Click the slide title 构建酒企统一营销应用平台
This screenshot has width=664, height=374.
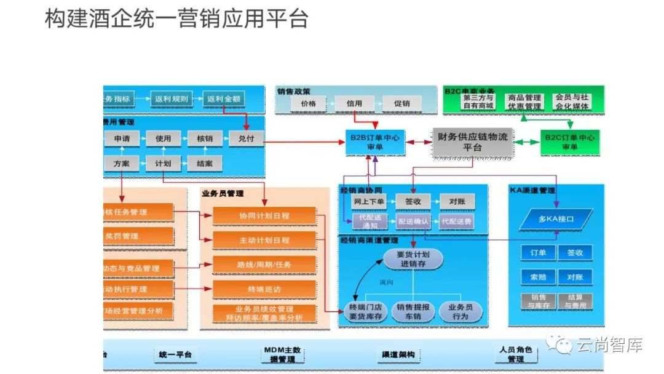[x=176, y=19]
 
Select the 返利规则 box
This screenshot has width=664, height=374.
[x=172, y=98]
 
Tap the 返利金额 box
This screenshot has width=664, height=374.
[x=224, y=98]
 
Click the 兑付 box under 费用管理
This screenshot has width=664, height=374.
[x=246, y=139]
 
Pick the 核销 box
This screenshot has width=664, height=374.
[x=205, y=139]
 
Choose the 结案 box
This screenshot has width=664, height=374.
[x=205, y=164]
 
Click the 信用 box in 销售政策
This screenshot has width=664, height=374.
[x=354, y=104]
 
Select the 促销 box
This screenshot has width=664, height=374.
[x=401, y=104]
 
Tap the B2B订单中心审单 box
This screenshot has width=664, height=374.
[x=375, y=142]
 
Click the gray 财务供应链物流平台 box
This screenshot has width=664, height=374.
[x=472, y=142]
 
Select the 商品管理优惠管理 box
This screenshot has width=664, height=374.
[x=524, y=102]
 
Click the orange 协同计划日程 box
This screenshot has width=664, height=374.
[x=264, y=216]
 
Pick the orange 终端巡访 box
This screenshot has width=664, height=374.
[x=264, y=288]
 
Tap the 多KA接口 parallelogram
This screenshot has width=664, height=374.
[x=556, y=219]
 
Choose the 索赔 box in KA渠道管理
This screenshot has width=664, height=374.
[x=538, y=277]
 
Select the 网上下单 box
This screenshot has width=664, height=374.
[x=370, y=201]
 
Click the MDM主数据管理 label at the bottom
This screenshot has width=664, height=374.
[x=282, y=354]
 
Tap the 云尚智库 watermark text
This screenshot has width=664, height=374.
[x=609, y=346]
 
